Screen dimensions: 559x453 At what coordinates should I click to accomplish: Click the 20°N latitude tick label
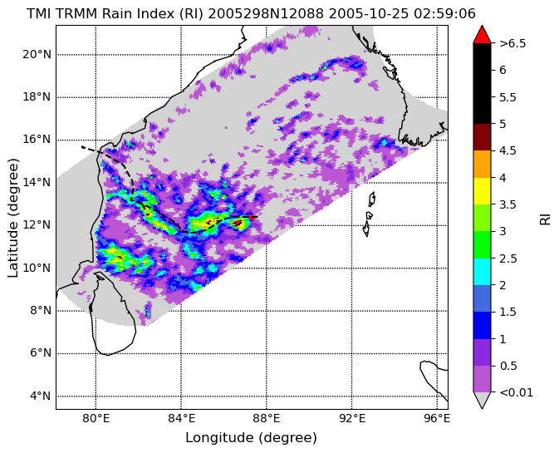37,55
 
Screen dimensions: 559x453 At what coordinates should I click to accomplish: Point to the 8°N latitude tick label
40,311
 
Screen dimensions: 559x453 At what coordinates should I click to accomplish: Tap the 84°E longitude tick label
181,418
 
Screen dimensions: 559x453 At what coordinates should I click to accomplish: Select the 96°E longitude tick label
437,418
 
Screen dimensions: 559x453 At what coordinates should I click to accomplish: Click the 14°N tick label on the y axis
37,183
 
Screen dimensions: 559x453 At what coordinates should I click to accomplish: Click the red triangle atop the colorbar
482,34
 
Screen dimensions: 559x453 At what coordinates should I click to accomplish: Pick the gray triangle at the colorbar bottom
482,400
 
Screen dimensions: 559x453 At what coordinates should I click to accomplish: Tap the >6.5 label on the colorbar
512,43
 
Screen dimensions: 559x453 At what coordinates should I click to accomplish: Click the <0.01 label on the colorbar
516,392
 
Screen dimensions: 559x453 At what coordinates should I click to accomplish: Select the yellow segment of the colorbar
482,191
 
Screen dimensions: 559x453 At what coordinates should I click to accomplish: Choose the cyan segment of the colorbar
482,272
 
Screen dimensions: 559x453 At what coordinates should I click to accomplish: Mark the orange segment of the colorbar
482,164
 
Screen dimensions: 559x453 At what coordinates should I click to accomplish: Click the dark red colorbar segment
482,137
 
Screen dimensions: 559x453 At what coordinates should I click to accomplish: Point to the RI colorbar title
546,217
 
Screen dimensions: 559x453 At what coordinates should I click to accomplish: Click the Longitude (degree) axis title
251,438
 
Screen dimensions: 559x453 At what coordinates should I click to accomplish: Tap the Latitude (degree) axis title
12,218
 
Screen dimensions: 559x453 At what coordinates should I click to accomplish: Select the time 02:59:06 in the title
444,14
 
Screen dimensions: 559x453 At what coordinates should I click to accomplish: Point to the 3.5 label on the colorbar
508,204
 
